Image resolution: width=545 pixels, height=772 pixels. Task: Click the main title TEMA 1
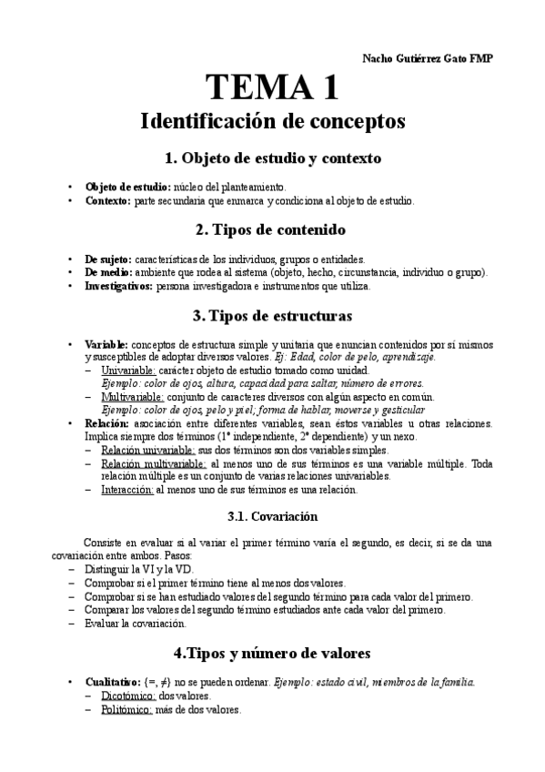[x=273, y=87]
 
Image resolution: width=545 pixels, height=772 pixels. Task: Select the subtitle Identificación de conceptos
[x=273, y=121]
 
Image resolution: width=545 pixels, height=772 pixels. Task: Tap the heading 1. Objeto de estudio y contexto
[x=273, y=157]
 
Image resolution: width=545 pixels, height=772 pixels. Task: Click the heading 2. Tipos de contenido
[x=273, y=229]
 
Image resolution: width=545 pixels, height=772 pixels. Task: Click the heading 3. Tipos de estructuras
[x=273, y=316]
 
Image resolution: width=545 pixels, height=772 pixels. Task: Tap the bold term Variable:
[x=107, y=345]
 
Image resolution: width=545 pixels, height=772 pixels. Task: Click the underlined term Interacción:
[x=127, y=489]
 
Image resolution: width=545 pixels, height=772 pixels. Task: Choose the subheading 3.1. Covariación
[x=273, y=517]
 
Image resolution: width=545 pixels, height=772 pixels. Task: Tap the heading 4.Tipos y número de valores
[x=273, y=654]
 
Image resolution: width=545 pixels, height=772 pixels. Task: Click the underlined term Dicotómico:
[x=126, y=696]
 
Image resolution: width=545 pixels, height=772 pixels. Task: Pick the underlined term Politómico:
[x=126, y=710]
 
